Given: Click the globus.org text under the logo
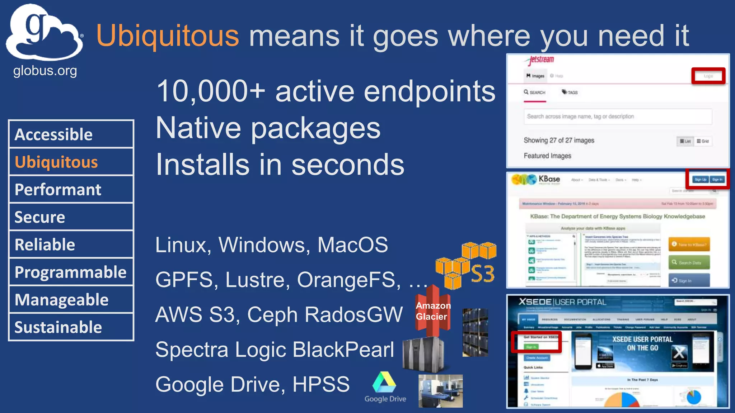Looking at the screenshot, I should coord(45,71).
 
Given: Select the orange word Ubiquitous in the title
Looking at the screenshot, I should coord(167,36).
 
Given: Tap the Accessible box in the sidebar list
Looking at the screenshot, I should coord(71,134).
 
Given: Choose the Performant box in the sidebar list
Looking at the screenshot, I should coord(71,189).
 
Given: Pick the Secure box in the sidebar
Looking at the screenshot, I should coord(71,217).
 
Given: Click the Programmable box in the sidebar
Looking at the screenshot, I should coord(71,272).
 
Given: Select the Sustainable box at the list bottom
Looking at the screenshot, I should coord(71,327).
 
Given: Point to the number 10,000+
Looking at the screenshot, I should coord(210,91).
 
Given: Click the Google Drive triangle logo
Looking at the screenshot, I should coord(384,383).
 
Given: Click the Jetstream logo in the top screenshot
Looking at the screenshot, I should coord(541,60).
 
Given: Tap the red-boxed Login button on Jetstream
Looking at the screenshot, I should coord(708,76).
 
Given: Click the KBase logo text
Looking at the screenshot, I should coord(549,179).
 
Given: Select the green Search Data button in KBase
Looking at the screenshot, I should coord(689,263).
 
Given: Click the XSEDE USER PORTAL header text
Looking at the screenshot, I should coord(562,302).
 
